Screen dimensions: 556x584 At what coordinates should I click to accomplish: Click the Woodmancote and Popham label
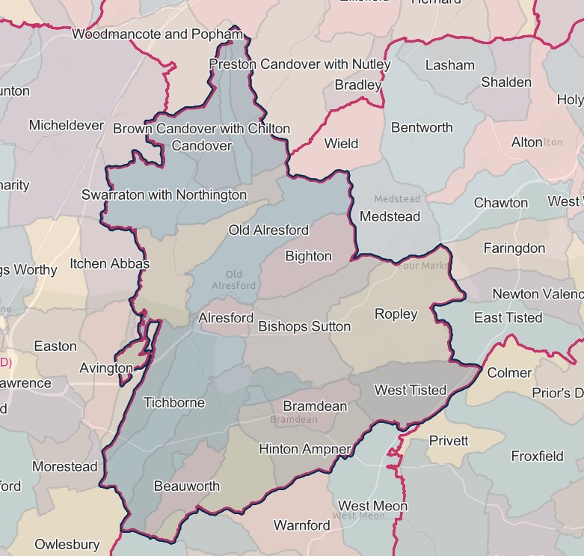pos(157,34)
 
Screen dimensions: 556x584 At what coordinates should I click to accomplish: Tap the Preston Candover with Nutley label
pos(300,64)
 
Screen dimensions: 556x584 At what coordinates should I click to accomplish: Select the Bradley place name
pos(358,85)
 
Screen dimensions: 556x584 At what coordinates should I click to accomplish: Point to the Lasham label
pos(449,65)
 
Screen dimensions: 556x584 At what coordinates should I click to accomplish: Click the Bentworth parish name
pos(422,127)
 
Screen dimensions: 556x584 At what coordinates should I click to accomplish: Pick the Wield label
pos(341,143)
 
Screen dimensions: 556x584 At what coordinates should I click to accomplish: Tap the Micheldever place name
pos(67,125)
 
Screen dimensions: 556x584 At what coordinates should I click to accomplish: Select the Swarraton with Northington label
pos(164,195)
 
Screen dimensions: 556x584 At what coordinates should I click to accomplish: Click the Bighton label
pos(308,257)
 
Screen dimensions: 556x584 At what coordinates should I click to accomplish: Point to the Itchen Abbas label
pos(110,263)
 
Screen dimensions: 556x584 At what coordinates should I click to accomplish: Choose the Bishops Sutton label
pos(304,326)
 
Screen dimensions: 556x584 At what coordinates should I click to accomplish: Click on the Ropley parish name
pos(396,314)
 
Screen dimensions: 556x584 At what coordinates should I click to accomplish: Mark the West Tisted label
pos(410,390)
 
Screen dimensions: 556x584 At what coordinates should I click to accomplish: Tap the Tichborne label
pos(173,403)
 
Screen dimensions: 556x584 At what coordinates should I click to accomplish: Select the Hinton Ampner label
pos(304,449)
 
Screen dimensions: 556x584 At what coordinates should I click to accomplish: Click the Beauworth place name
pos(187,486)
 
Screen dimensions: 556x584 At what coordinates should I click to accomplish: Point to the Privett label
pos(449,441)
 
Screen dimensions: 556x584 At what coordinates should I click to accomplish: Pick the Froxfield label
pos(537,456)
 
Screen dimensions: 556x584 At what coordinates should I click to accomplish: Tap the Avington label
pos(106,368)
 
